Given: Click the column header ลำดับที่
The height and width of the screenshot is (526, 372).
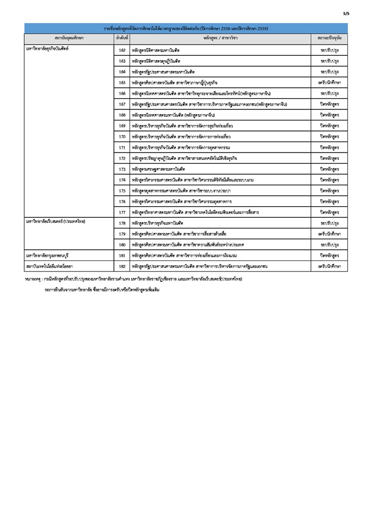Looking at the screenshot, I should (x=122, y=38).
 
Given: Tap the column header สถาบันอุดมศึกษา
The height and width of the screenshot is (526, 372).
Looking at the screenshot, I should (x=69, y=38).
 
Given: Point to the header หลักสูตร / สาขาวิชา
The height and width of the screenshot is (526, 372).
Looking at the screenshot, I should (x=221, y=38).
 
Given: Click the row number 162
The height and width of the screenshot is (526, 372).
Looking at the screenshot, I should (x=122, y=50).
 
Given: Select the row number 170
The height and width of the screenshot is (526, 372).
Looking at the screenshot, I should (x=122, y=136).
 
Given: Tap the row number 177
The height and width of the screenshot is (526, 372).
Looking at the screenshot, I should (x=122, y=212).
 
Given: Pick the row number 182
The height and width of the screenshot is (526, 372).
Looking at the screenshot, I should (x=122, y=267).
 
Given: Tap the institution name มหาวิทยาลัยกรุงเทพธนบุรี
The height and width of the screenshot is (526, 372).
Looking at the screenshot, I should (x=49, y=256).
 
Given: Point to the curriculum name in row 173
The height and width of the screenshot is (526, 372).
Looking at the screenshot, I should (x=158, y=169).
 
